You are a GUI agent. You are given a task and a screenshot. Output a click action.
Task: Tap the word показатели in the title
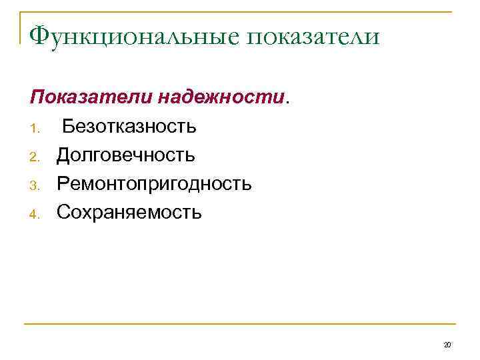[314, 37]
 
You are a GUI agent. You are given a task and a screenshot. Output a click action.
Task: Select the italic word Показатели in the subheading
[91, 97]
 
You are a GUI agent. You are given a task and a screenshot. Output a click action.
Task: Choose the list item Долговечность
[125, 155]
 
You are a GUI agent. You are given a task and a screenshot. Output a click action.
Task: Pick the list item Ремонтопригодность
[154, 183]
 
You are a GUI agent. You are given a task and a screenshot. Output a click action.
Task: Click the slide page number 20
[447, 345]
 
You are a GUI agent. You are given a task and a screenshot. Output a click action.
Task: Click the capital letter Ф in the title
[40, 35]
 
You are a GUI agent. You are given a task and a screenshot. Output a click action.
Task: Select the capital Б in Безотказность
[69, 126]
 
